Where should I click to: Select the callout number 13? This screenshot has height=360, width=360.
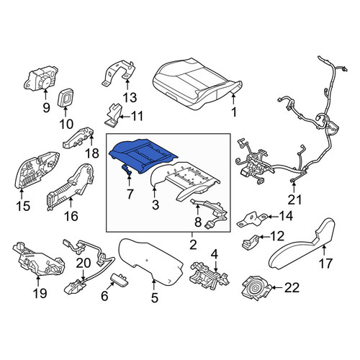(130, 98)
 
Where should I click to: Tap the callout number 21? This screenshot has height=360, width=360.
(294, 199)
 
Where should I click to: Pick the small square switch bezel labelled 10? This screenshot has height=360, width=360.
(66, 98)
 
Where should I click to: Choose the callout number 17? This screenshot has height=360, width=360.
(325, 263)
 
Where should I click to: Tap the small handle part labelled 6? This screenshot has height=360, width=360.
(120, 281)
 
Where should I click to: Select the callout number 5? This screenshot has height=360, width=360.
(155, 297)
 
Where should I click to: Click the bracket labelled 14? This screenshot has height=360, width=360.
(252, 218)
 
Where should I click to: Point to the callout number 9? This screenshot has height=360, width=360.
(46, 108)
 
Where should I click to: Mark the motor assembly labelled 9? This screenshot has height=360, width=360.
(41, 78)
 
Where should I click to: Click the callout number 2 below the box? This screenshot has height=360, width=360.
(193, 245)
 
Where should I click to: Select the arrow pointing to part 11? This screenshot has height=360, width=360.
(125, 117)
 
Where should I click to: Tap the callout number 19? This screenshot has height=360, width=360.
(40, 293)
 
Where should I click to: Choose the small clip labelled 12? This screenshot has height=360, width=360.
(250, 243)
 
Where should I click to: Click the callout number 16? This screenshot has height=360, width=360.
(71, 216)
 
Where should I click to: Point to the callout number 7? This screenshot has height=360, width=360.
(130, 194)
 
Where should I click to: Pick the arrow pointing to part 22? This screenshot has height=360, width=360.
(277, 287)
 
